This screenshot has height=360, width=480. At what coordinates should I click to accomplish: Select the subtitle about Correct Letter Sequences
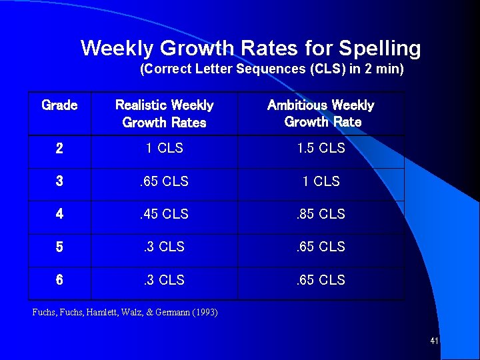(x=271, y=69)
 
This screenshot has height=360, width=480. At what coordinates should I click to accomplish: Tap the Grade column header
(x=59, y=105)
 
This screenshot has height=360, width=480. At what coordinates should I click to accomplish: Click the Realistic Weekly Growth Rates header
(x=165, y=113)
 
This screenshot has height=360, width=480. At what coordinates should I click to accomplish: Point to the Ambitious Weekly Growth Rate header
(x=321, y=113)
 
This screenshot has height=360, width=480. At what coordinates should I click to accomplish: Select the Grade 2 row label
(x=59, y=149)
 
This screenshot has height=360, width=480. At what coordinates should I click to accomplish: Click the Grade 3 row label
(x=59, y=181)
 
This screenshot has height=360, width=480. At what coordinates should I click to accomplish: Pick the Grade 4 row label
(x=59, y=214)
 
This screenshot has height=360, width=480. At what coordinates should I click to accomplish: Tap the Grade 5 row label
(x=59, y=247)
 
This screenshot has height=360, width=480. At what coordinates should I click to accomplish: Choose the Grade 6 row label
(x=59, y=280)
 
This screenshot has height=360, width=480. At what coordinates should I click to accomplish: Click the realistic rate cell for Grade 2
(x=165, y=148)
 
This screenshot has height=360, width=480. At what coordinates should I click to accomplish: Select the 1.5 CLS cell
(x=321, y=148)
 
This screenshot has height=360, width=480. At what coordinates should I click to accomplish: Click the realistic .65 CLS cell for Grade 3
(x=164, y=181)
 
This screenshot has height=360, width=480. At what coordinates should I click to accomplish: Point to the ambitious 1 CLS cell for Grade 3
(x=321, y=181)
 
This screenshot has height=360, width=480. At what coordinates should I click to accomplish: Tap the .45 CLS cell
(x=164, y=214)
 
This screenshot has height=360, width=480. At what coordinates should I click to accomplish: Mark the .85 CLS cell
(x=321, y=214)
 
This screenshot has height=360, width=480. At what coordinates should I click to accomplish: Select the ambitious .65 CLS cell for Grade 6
(x=321, y=280)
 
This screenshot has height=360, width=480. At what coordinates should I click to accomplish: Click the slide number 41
(x=434, y=341)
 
